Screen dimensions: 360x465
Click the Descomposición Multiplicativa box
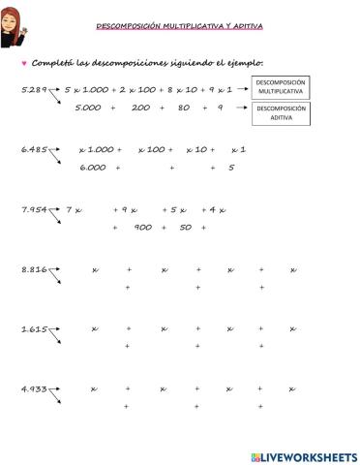pos(282,88)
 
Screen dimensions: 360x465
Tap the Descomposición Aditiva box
pos(282,113)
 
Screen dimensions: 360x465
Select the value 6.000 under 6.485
pos(93,168)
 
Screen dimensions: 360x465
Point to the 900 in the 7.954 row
pos(143,228)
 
